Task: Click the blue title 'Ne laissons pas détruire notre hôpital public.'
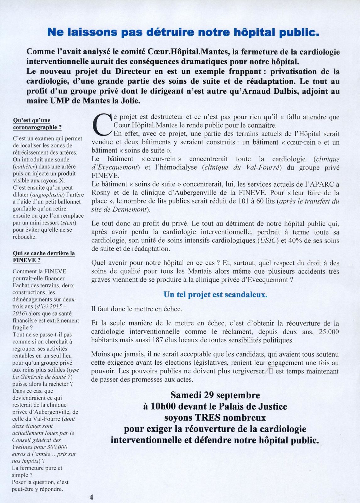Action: (183, 32)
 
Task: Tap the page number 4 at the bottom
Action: (91, 497)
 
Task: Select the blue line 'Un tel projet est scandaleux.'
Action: (215, 295)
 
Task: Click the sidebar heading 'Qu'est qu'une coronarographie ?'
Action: (37, 124)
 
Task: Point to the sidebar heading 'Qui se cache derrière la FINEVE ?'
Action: (43, 257)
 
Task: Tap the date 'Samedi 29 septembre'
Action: (215, 395)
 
